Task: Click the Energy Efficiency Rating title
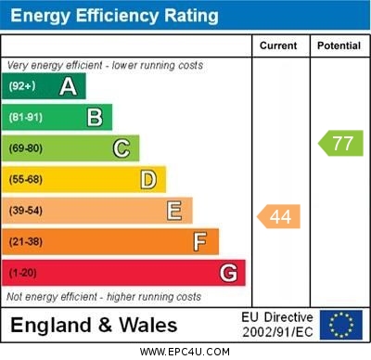click(x=113, y=16)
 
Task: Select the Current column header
click(x=278, y=45)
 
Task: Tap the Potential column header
click(x=339, y=45)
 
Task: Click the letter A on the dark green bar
click(x=68, y=86)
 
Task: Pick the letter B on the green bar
click(x=95, y=117)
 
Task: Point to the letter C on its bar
click(x=122, y=148)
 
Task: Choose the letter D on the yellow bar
click(x=148, y=179)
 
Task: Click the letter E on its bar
click(x=174, y=211)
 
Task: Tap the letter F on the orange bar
click(x=200, y=242)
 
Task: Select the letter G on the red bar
click(x=228, y=273)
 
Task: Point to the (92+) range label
click(x=22, y=86)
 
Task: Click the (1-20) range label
click(x=23, y=273)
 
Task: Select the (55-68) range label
click(x=27, y=179)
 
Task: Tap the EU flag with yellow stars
click(x=341, y=325)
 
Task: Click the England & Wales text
click(x=94, y=325)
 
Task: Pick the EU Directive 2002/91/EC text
click(x=277, y=325)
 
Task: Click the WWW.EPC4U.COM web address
click(x=185, y=352)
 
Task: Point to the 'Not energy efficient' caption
click(x=104, y=297)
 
